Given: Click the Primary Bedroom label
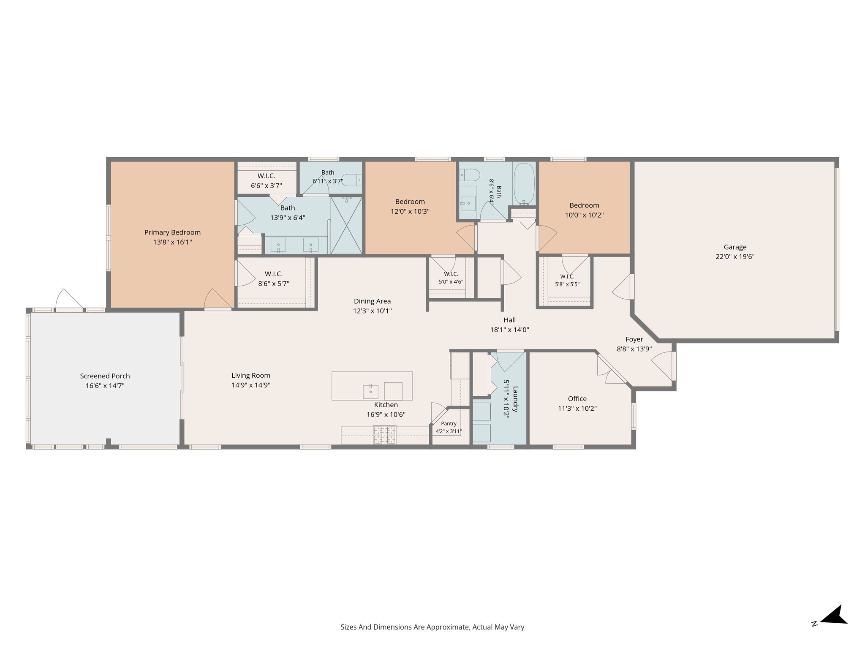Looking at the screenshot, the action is coord(172,232).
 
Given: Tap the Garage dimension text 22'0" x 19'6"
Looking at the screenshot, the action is coord(735,256).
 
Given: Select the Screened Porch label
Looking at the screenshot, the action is coord(105,376).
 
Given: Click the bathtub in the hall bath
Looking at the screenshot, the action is coord(524,184).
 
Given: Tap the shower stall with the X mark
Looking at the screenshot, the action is coord(346,225).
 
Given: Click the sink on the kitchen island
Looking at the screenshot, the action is coord(370,392).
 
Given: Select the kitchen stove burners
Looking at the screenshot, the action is coord(385,435).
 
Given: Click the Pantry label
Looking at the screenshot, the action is coord(449,423).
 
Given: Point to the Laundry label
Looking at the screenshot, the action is coord(515,399).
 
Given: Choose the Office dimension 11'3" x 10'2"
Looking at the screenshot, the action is coord(577,409).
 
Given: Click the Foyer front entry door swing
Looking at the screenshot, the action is coord(662,366).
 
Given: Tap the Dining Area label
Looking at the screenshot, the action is coord(372,301).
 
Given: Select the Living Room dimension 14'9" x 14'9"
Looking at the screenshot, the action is coord(251,385).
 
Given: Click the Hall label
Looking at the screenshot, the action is coord(509,320).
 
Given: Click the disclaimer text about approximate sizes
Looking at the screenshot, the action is coord(432,627).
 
